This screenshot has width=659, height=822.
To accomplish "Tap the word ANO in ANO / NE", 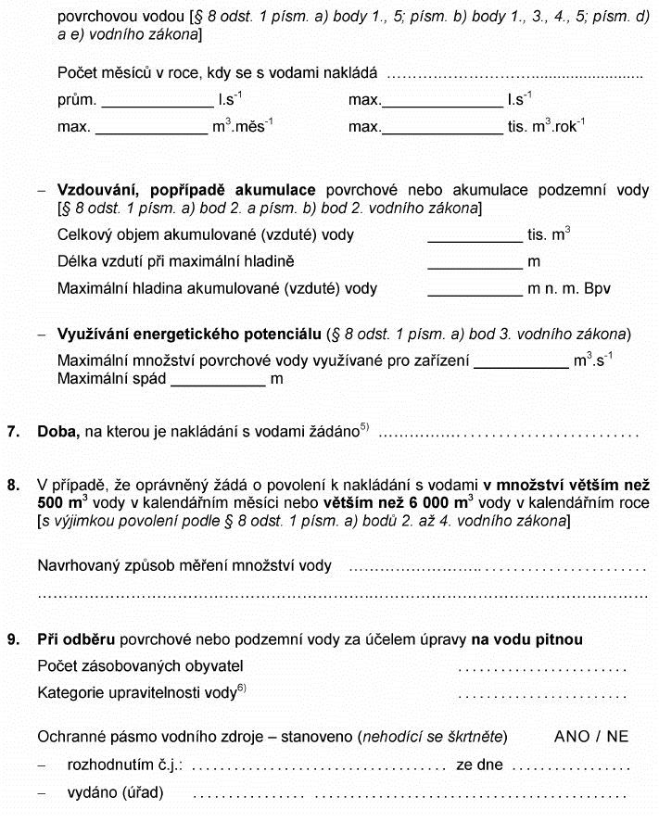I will click(572, 737).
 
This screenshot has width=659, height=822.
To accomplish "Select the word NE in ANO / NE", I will click(618, 737).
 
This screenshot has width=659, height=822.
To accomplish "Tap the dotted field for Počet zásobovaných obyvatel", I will click(543, 667).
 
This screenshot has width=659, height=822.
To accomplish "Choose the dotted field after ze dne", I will click(571, 768).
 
